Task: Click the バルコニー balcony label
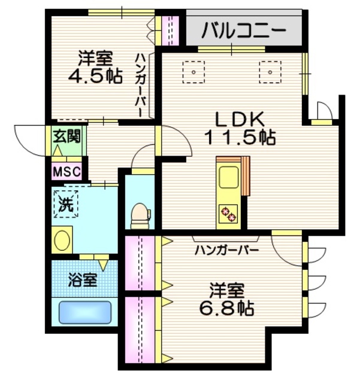pos(243,29)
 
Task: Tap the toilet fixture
pos(140,214)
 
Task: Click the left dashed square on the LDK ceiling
pos(194,71)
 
